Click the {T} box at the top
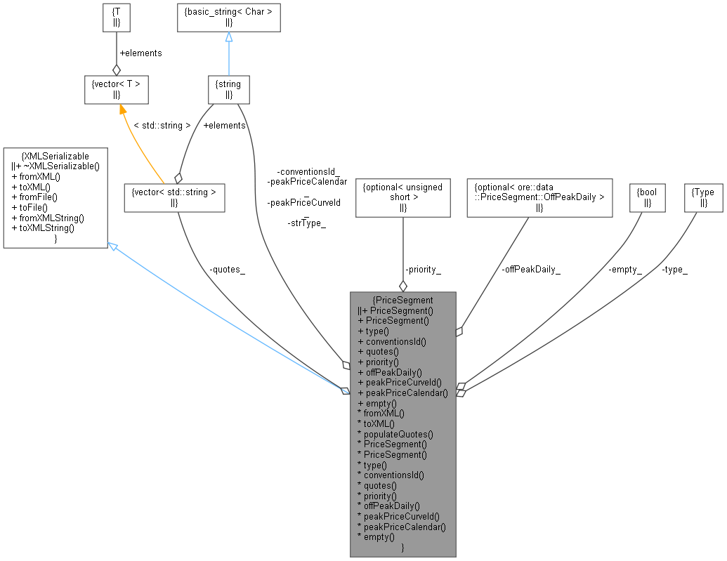click(x=116, y=18)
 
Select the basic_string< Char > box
click(x=228, y=18)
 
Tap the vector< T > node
click(x=116, y=89)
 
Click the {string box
click(x=228, y=89)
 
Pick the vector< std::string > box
click(x=173, y=197)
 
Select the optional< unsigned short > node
click(x=402, y=197)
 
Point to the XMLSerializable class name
click(x=56, y=156)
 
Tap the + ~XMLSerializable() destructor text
click(x=56, y=166)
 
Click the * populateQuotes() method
click(x=395, y=434)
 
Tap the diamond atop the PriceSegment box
click(x=402, y=286)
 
